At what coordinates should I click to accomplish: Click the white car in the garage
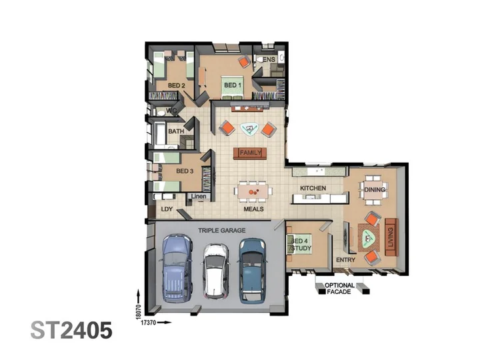pyautogui.click(x=216, y=271)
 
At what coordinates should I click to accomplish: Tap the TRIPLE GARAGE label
pyautogui.click(x=221, y=231)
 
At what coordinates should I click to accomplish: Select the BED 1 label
pyautogui.click(x=233, y=85)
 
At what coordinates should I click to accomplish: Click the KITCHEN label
pyautogui.click(x=313, y=188)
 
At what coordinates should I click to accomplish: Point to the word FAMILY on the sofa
pyautogui.click(x=251, y=153)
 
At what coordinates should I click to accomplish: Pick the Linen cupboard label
pyautogui.click(x=199, y=196)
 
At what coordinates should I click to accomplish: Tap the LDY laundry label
pyautogui.click(x=167, y=209)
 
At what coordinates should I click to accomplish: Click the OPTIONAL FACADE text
pyautogui.click(x=339, y=289)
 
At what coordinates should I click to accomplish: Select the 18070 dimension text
pyautogui.click(x=139, y=311)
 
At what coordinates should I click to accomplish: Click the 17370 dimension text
pyautogui.click(x=149, y=323)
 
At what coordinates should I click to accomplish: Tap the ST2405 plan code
pyautogui.click(x=71, y=330)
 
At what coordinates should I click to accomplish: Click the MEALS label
pyautogui.click(x=253, y=209)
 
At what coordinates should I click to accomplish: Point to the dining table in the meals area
pyautogui.click(x=253, y=191)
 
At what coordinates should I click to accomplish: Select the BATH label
pyautogui.click(x=176, y=131)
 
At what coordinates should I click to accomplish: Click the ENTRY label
pyautogui.click(x=345, y=260)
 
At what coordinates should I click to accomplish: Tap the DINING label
pyautogui.click(x=375, y=190)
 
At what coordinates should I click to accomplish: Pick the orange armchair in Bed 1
pyautogui.click(x=245, y=62)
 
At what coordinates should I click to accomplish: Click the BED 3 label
pyautogui.click(x=185, y=171)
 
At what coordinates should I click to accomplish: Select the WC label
pyautogui.click(x=171, y=111)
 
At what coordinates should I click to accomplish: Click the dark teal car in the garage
pyautogui.click(x=252, y=271)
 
